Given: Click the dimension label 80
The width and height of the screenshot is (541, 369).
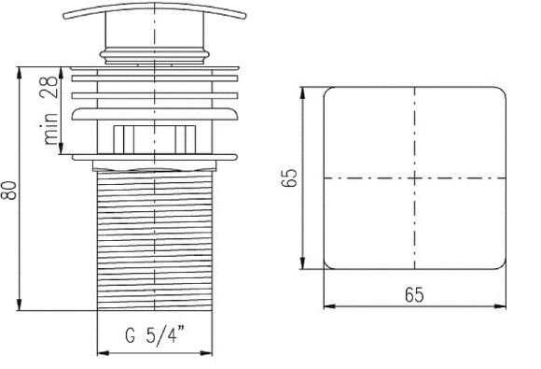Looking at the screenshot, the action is click(x=9, y=190).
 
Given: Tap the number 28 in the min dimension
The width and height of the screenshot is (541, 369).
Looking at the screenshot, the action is click(x=49, y=87).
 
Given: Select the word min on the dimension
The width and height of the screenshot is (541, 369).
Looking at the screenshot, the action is click(x=50, y=129).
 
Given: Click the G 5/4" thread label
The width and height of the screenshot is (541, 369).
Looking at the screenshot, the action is click(x=155, y=334).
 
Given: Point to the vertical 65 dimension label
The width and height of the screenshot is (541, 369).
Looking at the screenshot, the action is click(x=289, y=177).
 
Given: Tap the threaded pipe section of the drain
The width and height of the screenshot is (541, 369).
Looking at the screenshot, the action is click(x=155, y=240).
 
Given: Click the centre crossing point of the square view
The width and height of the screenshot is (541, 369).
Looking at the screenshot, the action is click(x=414, y=177).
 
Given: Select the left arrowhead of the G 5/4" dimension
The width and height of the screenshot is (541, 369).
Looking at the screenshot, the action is click(x=103, y=353).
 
